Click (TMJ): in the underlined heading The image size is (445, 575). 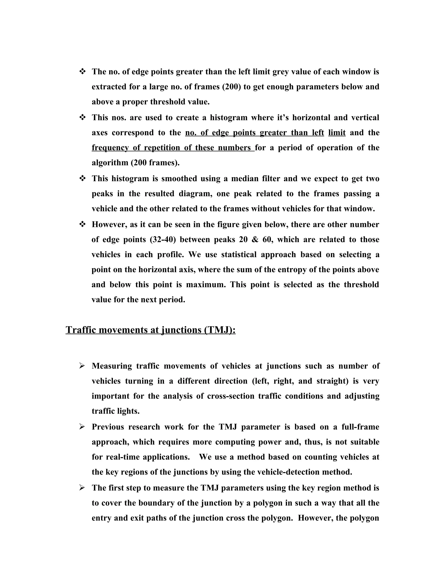point(220,330)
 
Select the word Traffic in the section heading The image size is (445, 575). point(81,330)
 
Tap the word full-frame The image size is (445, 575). point(360,427)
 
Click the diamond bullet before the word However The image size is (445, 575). point(82,224)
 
